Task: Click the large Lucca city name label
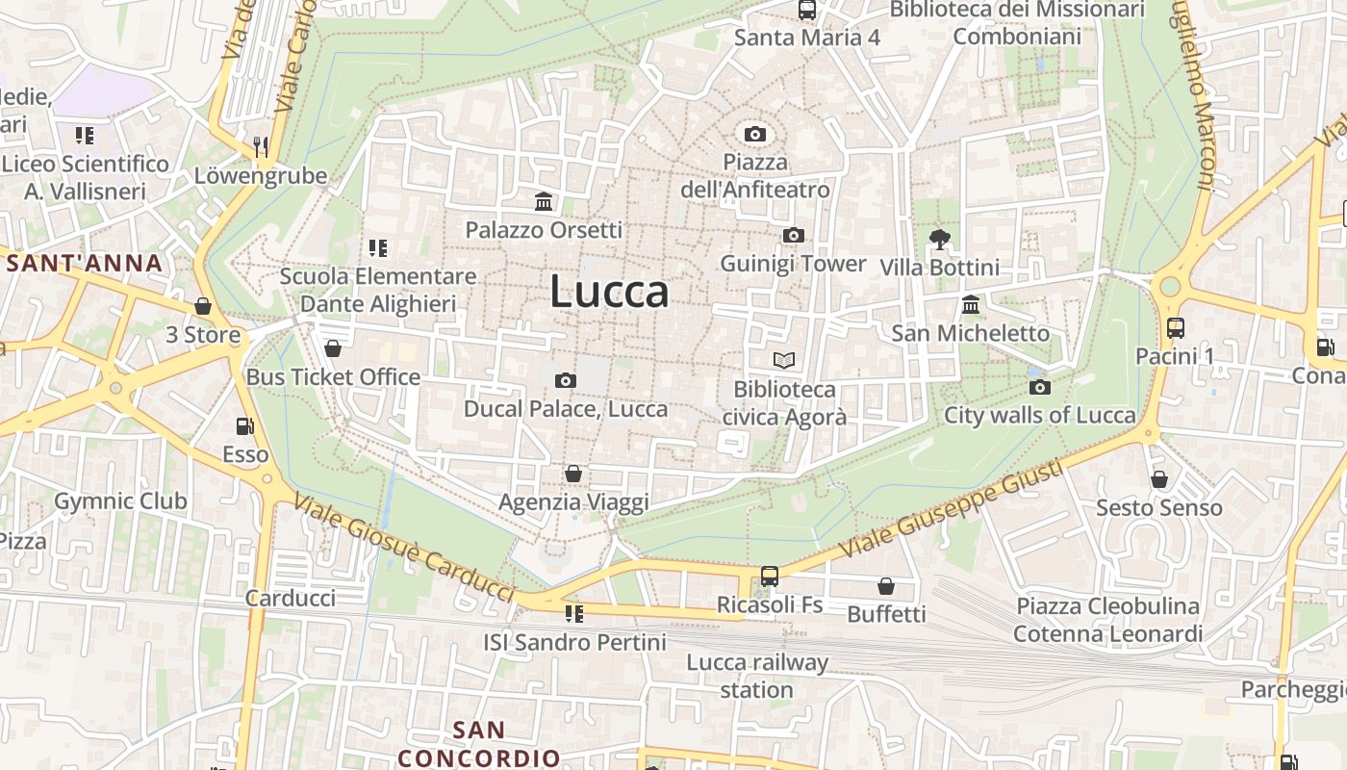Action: [609, 292]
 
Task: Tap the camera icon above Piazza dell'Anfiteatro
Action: [755, 134]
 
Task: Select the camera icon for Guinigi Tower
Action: [794, 235]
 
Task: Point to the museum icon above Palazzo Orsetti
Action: [544, 201]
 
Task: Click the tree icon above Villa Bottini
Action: [939, 239]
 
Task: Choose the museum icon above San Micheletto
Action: [971, 305]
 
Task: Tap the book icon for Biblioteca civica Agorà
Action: [784, 361]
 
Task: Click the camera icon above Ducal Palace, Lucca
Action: [566, 380]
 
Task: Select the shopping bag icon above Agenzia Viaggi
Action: [573, 474]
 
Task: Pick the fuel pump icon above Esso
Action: [245, 425]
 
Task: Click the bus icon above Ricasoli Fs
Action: [770, 576]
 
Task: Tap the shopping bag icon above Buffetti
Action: [886, 585]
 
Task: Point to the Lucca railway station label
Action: [757, 676]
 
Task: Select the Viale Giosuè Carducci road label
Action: [403, 546]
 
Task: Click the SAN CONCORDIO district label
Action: [479, 744]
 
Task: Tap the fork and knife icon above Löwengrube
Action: [261, 147]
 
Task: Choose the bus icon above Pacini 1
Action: [1175, 327]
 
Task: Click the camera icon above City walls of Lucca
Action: [1040, 387]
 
